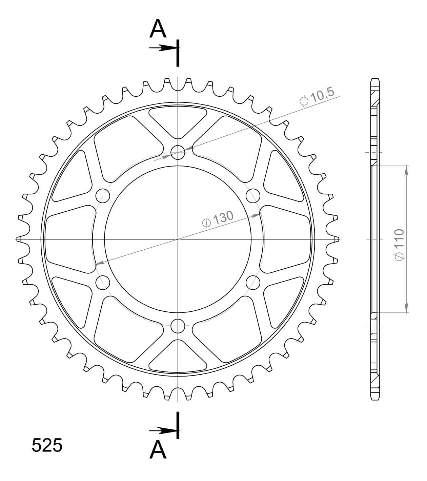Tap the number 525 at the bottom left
[47, 445]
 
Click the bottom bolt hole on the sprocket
[178, 326]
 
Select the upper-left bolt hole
[103, 196]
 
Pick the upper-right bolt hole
[253, 196]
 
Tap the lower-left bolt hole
[103, 282]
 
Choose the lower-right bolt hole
[253, 282]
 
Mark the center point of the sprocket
[178, 239]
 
